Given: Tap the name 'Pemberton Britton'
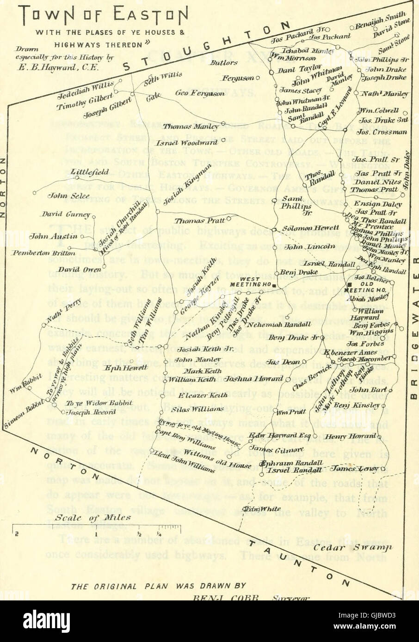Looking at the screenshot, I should pyautogui.click(x=44, y=253).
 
